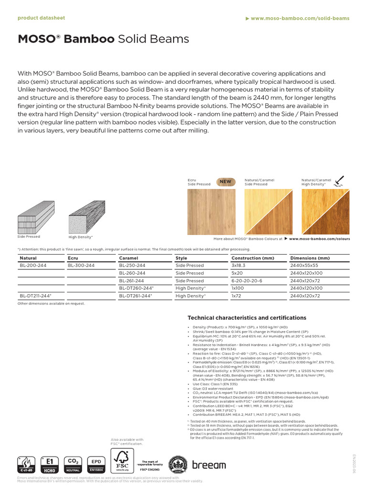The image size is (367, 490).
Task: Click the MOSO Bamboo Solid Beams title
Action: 103,39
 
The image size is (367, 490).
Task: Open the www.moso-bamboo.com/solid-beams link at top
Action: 300,18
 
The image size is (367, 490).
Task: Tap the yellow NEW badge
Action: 225,182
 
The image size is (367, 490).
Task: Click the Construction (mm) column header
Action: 252,257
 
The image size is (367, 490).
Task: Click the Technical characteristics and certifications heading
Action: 247,318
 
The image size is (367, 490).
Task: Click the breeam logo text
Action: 209,465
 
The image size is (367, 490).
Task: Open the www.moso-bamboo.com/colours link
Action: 319,238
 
